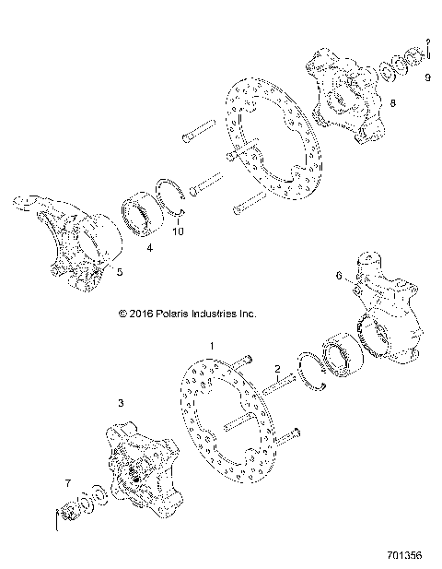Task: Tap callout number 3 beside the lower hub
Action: coord(120,403)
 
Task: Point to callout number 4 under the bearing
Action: coord(150,248)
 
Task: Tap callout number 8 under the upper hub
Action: coord(393,103)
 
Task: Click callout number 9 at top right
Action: coord(427,78)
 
